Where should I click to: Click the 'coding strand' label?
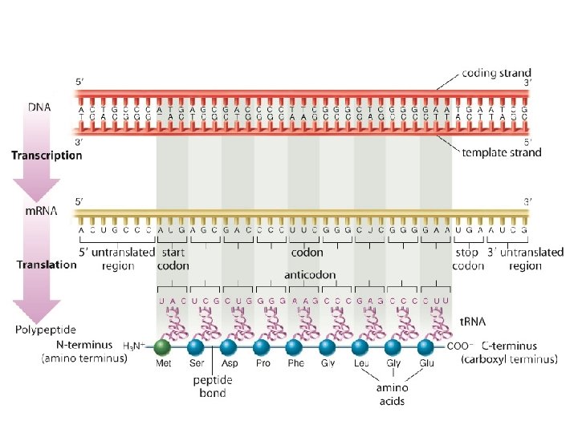(x=496, y=73)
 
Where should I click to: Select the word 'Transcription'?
(x=46, y=156)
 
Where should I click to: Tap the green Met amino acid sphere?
(x=163, y=347)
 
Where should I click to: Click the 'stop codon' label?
(x=467, y=259)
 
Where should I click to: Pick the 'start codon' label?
(x=173, y=259)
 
